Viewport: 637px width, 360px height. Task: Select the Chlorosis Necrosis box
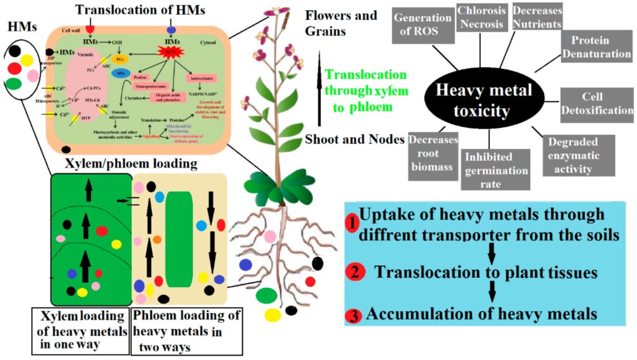pyautogui.click(x=480, y=19)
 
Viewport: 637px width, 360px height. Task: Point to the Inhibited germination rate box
pyautogui.click(x=496, y=169)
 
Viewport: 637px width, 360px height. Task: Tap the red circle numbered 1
pyautogui.click(x=351, y=221)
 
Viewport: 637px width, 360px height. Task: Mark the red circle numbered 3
pyautogui.click(x=355, y=315)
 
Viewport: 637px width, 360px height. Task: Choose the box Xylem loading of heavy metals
pyautogui.click(x=80, y=328)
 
